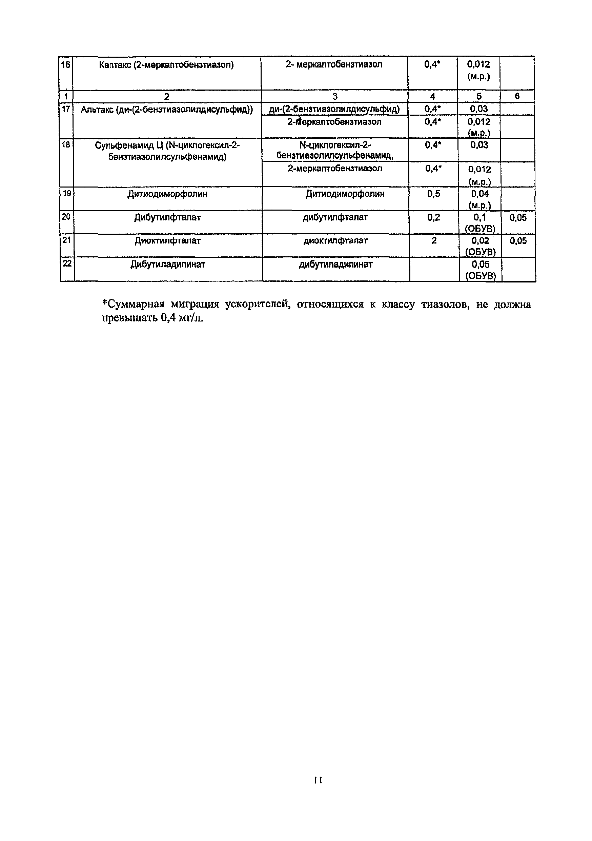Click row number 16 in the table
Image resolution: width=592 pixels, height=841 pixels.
point(65,65)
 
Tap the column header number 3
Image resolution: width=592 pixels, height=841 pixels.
point(334,96)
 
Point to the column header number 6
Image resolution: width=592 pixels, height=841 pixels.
point(517,96)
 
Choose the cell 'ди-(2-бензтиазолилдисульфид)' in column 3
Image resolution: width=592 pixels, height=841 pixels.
point(334,109)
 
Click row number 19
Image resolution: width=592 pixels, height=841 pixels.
point(67,193)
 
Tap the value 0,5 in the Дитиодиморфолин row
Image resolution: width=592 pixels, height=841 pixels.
point(433,194)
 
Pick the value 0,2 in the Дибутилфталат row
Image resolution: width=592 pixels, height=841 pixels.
point(433,218)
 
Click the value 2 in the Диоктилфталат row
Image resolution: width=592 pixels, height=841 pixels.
point(434,241)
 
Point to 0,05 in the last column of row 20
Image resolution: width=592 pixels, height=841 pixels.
point(518,218)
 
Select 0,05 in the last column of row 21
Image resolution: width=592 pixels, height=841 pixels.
point(518,241)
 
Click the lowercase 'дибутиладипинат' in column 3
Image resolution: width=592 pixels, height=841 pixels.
point(336,265)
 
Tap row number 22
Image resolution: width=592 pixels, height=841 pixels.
point(67,263)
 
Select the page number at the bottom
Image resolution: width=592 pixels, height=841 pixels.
point(318,780)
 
